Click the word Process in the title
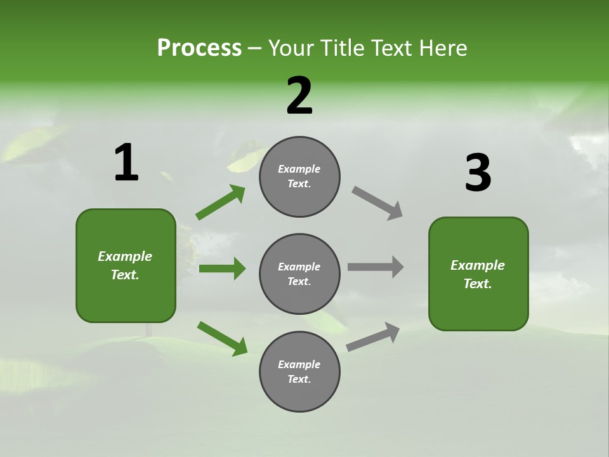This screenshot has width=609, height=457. click(199, 48)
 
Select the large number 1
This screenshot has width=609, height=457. click(126, 163)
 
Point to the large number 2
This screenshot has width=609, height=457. click(299, 96)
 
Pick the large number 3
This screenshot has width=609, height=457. click(478, 173)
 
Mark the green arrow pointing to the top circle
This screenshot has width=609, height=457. click(220, 202)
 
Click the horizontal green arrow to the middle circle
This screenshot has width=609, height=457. click(222, 268)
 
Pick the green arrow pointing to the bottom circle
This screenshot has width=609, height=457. click(222, 338)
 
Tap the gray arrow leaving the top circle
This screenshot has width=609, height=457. click(377, 202)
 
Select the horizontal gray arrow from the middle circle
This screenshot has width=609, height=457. click(376, 267)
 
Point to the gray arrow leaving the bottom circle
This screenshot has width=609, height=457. click(373, 336)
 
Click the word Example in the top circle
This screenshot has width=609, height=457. click(299, 169)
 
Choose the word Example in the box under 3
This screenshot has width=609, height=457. click(478, 265)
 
